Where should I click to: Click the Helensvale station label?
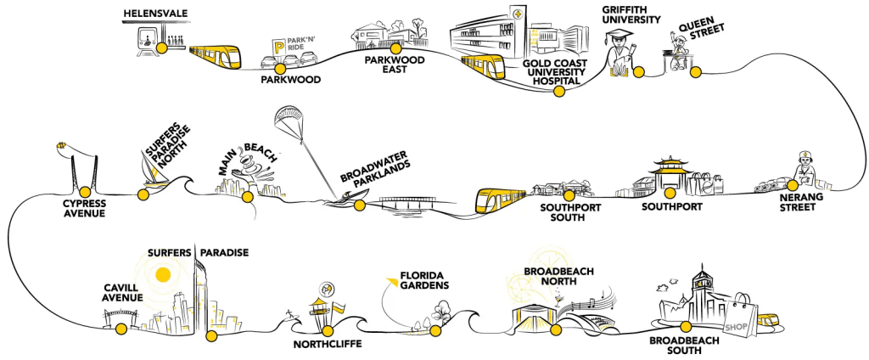[155, 14]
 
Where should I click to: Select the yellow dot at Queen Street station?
[696, 71]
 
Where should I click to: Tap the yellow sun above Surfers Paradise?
[163, 273]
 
